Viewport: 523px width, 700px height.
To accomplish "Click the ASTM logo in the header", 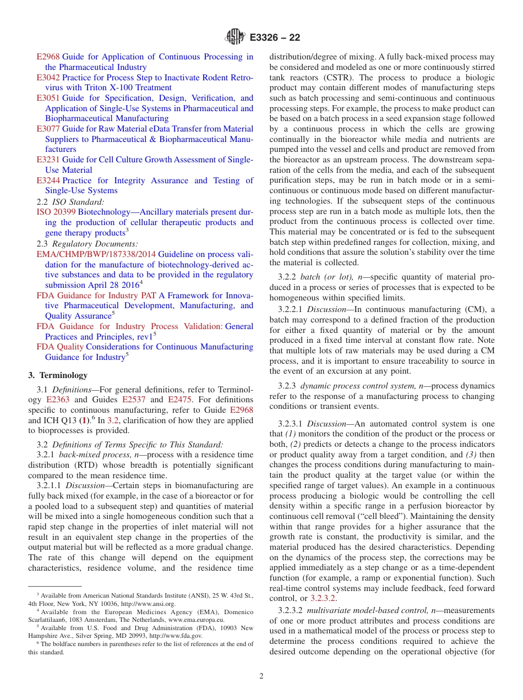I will click(x=235, y=37).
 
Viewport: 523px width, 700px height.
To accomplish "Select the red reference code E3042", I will click(x=48, y=78).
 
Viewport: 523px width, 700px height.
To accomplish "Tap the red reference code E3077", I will click(x=48, y=129).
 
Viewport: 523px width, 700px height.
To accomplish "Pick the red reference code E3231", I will click(x=48, y=160).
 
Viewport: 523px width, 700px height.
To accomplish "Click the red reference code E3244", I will click(x=48, y=181).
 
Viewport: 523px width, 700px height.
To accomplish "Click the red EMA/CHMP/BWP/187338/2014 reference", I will click(x=96, y=254).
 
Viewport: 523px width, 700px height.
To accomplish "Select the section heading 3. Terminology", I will click(x=58, y=375).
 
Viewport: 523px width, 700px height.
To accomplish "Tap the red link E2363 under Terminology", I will click(x=58, y=400).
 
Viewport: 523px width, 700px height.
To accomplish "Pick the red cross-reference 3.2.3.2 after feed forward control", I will click(x=323, y=598).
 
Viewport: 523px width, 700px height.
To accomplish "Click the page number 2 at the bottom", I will click(x=261, y=676).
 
